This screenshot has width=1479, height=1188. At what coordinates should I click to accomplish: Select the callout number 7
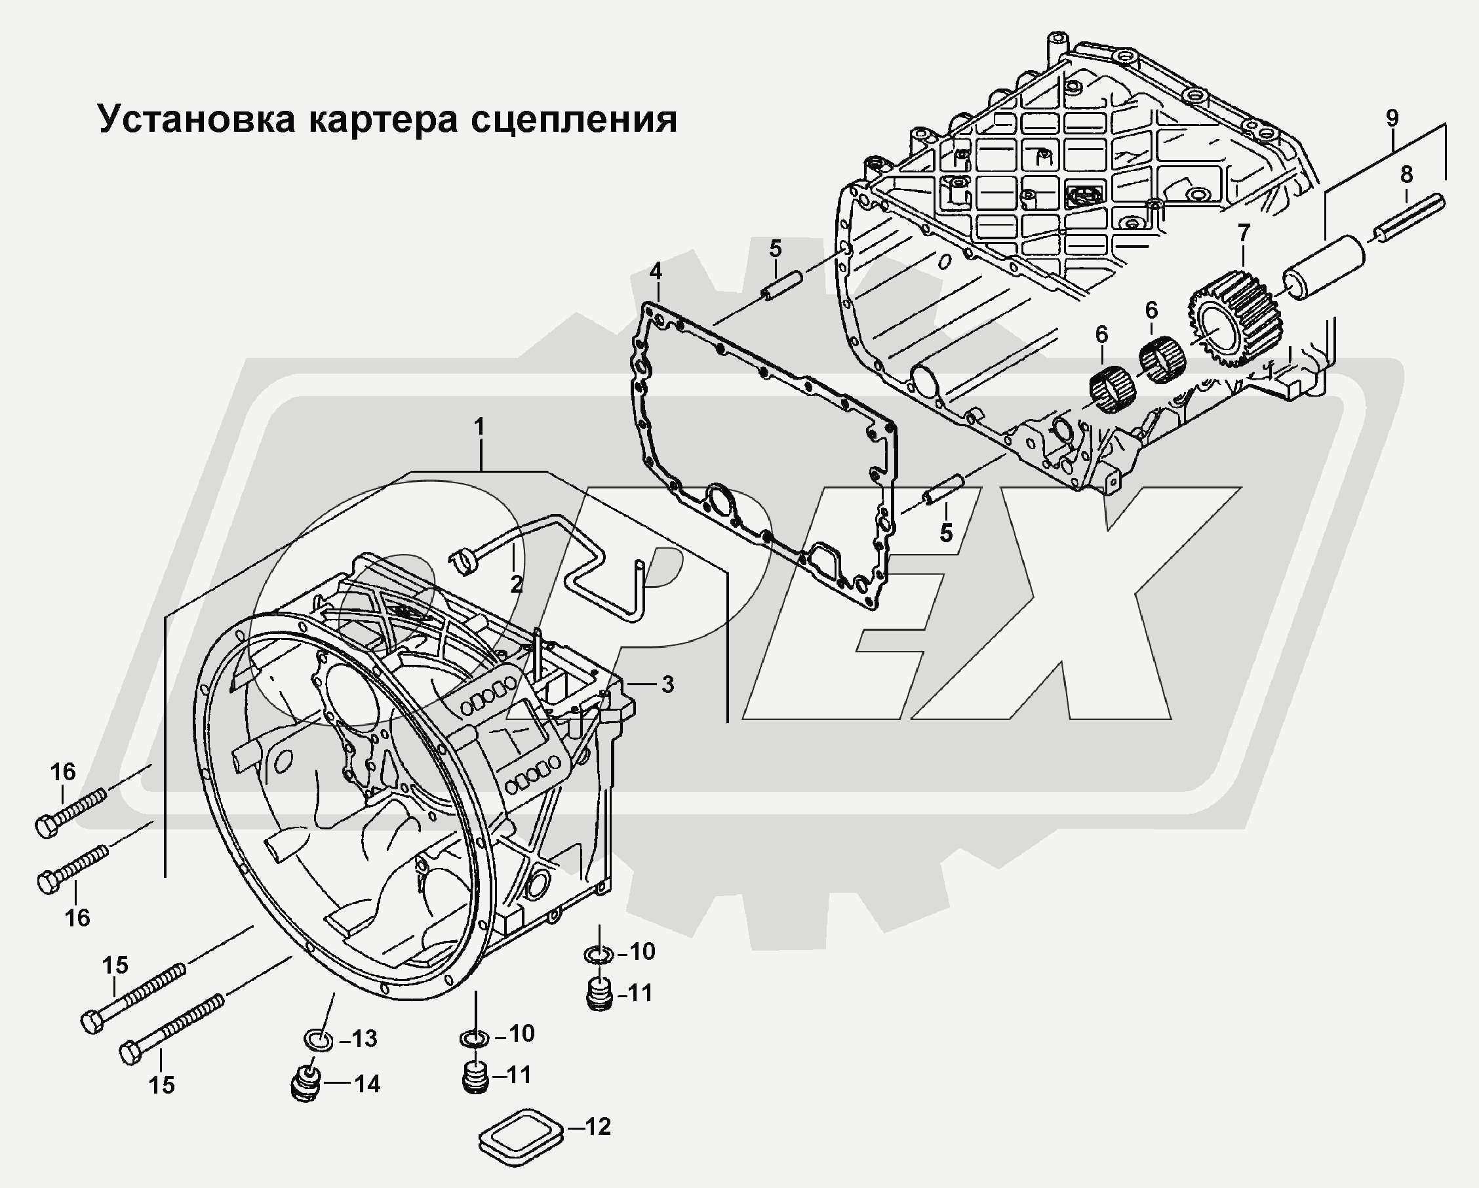[1244, 233]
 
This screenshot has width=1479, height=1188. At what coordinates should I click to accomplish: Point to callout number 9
[1392, 118]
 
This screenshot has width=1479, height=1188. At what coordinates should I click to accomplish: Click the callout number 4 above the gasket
[656, 271]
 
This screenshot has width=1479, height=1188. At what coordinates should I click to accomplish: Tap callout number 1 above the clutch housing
[479, 427]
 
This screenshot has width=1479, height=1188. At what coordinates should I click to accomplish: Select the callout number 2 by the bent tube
[516, 584]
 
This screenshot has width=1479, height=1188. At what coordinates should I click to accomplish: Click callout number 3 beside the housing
[667, 684]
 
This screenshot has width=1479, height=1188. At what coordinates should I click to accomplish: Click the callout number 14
[367, 1084]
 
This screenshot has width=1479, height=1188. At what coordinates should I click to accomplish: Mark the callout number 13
[365, 1039]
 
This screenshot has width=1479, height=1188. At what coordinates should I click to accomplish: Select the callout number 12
[597, 1126]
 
